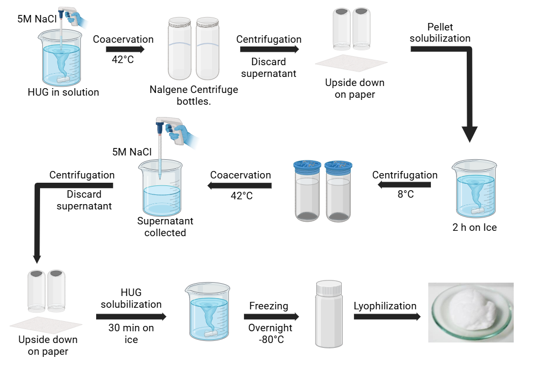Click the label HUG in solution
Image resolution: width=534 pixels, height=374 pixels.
click(63, 92)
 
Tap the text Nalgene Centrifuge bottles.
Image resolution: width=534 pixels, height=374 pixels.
click(194, 95)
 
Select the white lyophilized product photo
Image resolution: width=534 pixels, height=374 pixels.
click(471, 313)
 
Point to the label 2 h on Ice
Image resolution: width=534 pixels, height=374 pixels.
click(474, 228)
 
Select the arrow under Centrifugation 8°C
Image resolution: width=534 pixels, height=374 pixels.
click(404, 185)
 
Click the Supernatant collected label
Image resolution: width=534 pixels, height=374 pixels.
click(165, 227)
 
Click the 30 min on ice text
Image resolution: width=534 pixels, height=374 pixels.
click(131, 333)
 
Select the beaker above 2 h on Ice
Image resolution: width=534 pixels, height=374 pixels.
click(474, 190)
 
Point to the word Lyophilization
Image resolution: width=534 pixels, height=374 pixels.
click(385, 306)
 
